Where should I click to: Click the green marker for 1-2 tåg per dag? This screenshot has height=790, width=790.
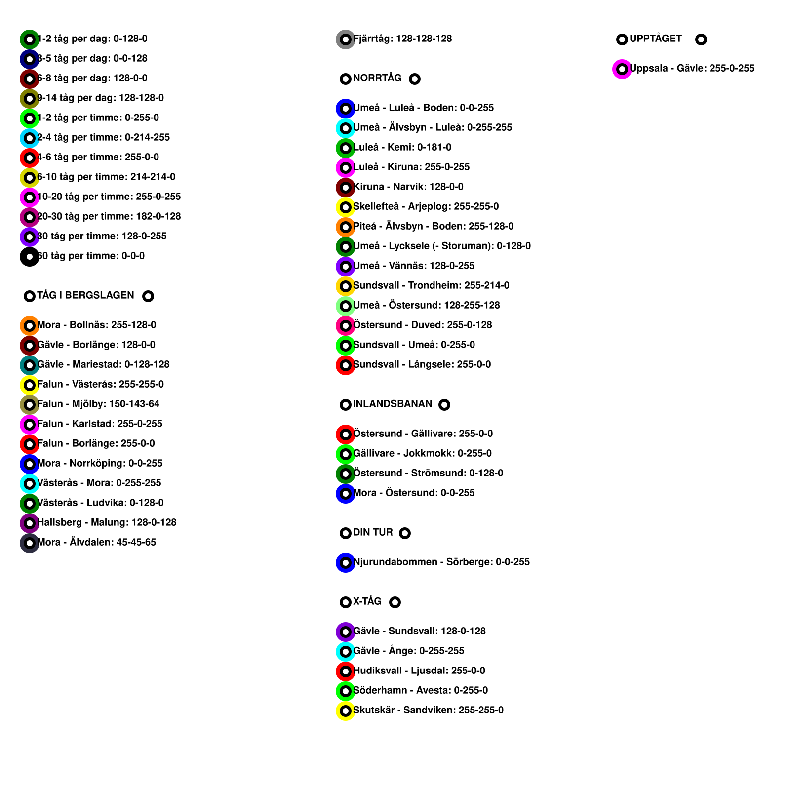click(30, 39)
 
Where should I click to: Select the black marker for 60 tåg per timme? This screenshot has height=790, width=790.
click(30, 257)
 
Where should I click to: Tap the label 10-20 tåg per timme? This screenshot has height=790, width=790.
click(109, 197)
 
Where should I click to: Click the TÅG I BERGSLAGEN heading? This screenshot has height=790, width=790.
click(85, 295)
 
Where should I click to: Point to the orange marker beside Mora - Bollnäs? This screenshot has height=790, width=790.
click(30, 326)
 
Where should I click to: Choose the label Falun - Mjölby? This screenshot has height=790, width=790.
click(98, 404)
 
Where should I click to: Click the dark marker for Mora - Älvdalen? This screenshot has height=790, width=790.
click(30, 543)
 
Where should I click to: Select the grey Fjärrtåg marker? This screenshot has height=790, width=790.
click(346, 39)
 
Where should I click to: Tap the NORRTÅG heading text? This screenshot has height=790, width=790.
click(377, 78)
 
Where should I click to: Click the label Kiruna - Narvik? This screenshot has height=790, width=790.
click(408, 187)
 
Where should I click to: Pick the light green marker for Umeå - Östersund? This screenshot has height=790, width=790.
click(346, 306)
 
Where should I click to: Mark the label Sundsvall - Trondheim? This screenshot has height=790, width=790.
click(431, 285)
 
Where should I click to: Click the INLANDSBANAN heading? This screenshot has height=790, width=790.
click(393, 404)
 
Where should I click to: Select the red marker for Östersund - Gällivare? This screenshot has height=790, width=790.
click(346, 434)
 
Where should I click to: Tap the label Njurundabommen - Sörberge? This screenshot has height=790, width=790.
click(441, 562)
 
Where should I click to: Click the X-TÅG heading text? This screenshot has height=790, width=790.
click(367, 601)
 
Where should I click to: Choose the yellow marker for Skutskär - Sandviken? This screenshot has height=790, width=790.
click(346, 711)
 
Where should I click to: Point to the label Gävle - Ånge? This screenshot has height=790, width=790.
click(409, 651)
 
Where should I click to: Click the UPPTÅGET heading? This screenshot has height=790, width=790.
click(655, 39)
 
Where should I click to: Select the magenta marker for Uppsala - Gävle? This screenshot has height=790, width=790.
click(622, 69)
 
